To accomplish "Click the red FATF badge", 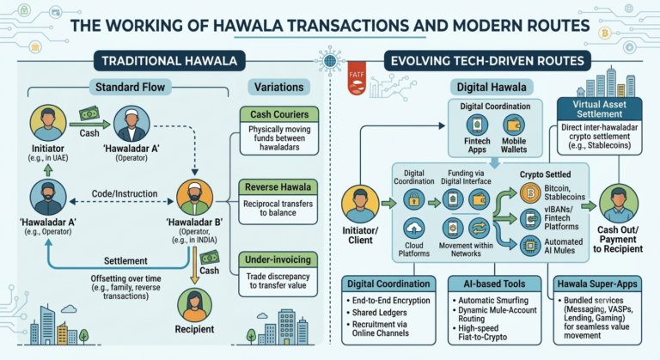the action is point(357,78).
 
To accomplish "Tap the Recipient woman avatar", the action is point(194,306).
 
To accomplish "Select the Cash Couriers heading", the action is point(279,114).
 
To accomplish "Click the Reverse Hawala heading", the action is point(278,187).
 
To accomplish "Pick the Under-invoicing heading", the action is point(278,259).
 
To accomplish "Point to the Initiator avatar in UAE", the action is point(48,123).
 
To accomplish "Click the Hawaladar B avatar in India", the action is point(194,198).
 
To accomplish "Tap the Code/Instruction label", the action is point(125,193).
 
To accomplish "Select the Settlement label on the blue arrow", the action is point(125,261).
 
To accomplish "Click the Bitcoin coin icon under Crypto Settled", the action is point(530,192).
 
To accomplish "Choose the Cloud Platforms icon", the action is point(413,229).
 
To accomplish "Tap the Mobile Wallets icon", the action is point(514,125).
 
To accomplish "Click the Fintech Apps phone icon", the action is point(477,125).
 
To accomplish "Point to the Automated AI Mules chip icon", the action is point(530,246).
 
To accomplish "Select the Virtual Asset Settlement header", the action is point(599,109).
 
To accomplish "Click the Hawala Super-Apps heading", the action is point(597,284).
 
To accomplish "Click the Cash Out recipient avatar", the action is point(618,204).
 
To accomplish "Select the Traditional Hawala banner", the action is point(169,61).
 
